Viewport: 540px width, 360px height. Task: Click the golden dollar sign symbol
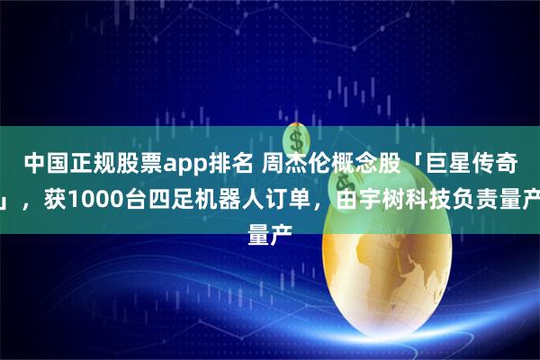tap(294, 140)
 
